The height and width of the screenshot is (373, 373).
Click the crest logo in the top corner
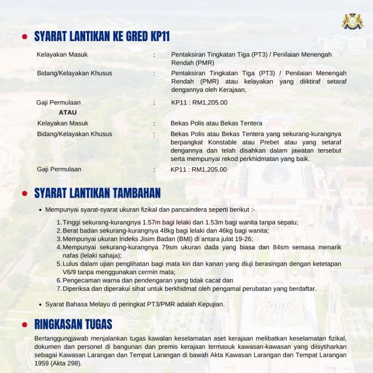point(352,21)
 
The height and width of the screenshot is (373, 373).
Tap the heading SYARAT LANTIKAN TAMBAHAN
point(98,193)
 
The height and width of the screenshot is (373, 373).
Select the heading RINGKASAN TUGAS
point(73,324)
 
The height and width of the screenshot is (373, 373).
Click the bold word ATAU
point(67,113)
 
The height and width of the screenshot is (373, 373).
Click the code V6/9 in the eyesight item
point(72,272)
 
